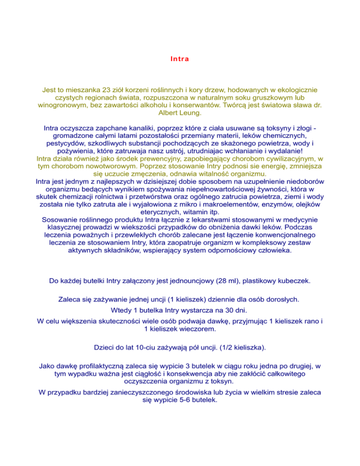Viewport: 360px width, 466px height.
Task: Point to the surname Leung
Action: point(192,114)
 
